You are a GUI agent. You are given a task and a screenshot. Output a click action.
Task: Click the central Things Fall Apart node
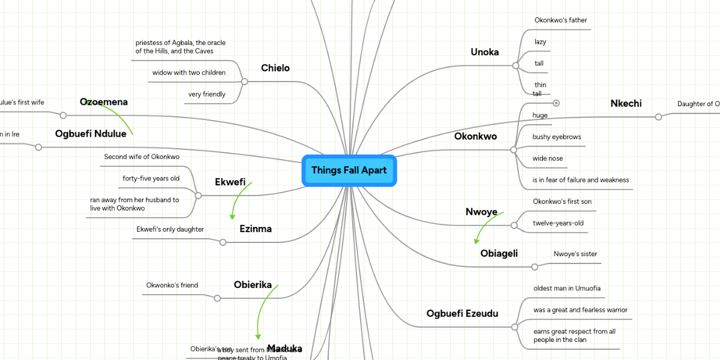(349, 170)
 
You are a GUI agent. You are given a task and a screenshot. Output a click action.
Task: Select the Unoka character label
(484, 52)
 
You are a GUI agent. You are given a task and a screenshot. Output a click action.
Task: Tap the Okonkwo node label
(475, 136)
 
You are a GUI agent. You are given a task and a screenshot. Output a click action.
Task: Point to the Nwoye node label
(481, 212)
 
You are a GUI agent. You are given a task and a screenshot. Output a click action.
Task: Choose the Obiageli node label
(499, 254)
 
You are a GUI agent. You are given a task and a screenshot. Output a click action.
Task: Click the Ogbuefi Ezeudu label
(462, 313)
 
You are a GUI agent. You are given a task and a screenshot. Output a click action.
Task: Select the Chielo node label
(275, 68)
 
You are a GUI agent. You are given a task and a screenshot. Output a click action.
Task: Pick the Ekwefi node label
(230, 182)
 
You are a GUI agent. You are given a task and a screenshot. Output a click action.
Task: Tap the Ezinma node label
(255, 229)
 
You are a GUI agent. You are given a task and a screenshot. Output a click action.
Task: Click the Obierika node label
(253, 284)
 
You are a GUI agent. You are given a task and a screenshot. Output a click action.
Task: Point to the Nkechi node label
(626, 104)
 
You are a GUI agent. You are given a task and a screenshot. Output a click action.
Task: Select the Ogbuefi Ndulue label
(91, 134)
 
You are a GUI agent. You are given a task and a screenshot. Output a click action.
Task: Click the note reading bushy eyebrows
(556, 137)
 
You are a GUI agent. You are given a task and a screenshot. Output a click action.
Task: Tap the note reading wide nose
(547, 158)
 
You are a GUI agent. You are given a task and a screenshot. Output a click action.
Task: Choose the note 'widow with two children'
(189, 73)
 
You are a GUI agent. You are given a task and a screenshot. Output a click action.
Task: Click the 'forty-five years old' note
(151, 178)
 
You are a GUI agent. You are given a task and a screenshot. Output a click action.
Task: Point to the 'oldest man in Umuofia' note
(566, 289)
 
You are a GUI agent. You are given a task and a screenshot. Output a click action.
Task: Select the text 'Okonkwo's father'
(560, 20)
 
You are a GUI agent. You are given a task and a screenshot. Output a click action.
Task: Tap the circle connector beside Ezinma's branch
(223, 242)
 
